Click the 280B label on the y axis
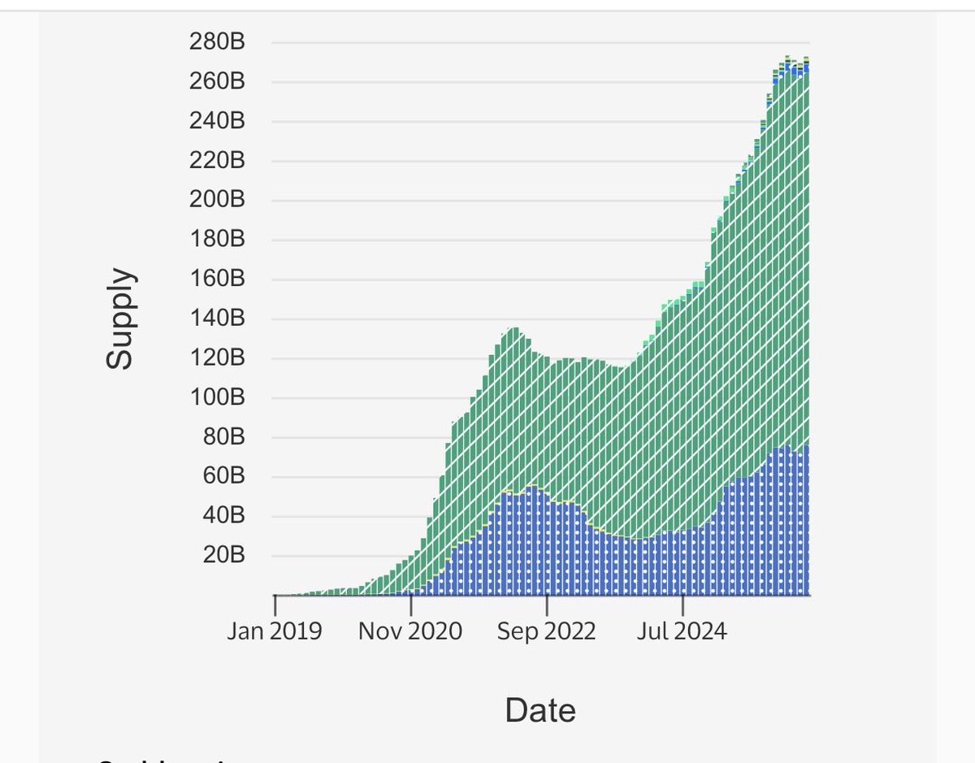(217, 42)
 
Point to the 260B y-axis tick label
(217, 82)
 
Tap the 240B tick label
(217, 121)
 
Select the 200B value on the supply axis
(217, 200)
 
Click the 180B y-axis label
(217, 240)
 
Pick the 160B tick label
(217, 279)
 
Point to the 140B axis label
(217, 319)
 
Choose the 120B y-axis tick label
(217, 358)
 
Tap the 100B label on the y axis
(217, 397)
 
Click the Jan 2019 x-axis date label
(275, 631)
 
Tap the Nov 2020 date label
(410, 631)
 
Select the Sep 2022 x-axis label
(547, 631)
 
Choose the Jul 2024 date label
(682, 631)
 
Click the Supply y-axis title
(119, 319)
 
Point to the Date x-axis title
(540, 710)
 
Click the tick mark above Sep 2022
(547, 605)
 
